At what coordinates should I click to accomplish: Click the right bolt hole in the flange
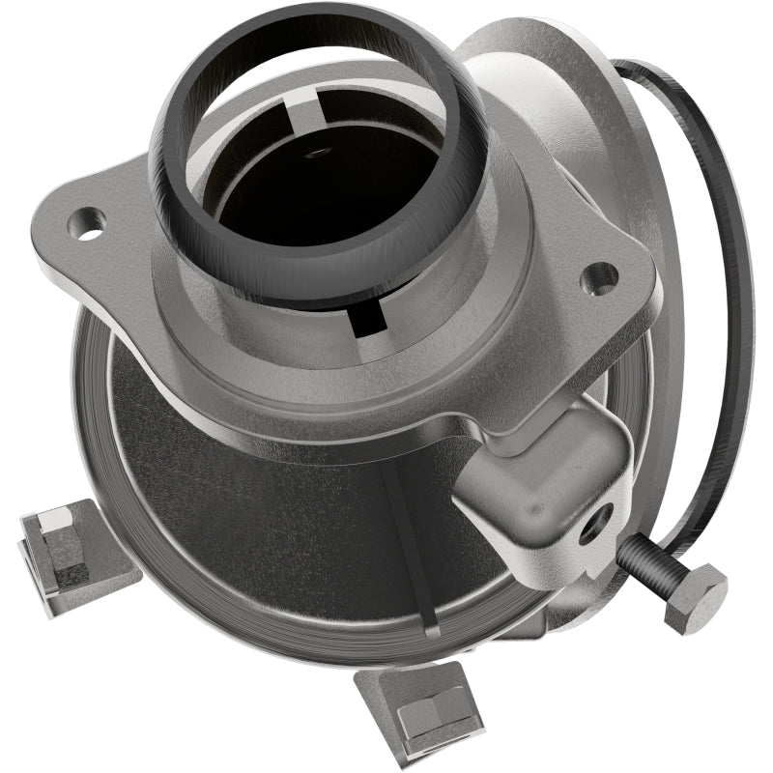pos(601,278)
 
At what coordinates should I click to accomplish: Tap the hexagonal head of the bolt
pos(694,596)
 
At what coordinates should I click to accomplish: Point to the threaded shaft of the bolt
pos(643,560)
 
